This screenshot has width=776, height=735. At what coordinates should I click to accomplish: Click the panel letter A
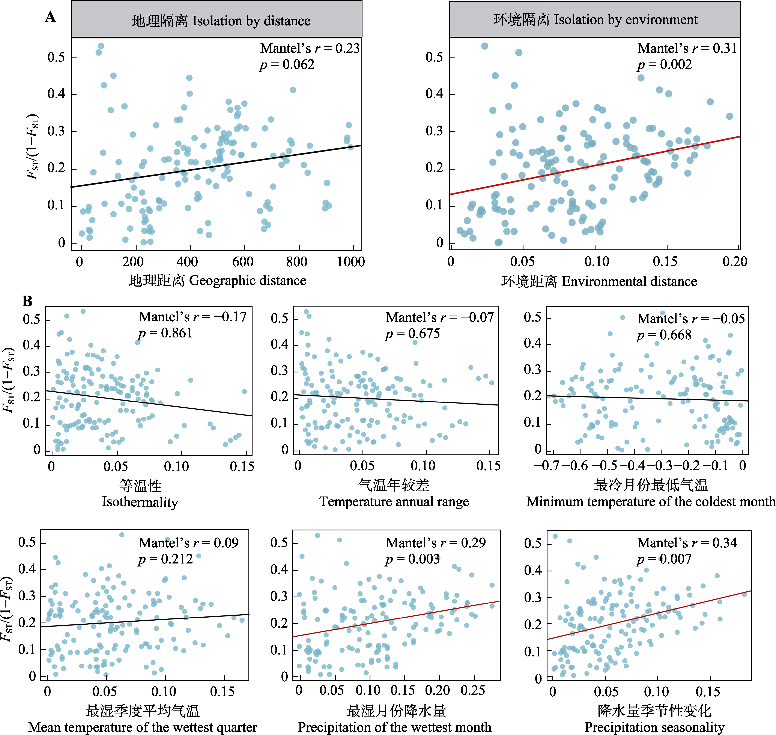click(50, 17)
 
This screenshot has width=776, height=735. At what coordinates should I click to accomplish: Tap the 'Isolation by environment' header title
click(595, 20)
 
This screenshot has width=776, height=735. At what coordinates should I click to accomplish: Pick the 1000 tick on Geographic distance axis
click(351, 261)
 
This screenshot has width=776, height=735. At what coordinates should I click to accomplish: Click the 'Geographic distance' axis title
click(217, 281)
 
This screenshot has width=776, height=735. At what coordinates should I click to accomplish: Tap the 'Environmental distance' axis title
click(599, 281)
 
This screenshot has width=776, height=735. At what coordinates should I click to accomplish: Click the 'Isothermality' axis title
click(140, 502)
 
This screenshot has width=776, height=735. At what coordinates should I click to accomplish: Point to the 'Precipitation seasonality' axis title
click(654, 727)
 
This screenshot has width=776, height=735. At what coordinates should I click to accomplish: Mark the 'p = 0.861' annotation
click(165, 333)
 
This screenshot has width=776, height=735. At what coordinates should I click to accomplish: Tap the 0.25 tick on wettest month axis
click(473, 690)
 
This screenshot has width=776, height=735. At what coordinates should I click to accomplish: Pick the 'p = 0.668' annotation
click(664, 335)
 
